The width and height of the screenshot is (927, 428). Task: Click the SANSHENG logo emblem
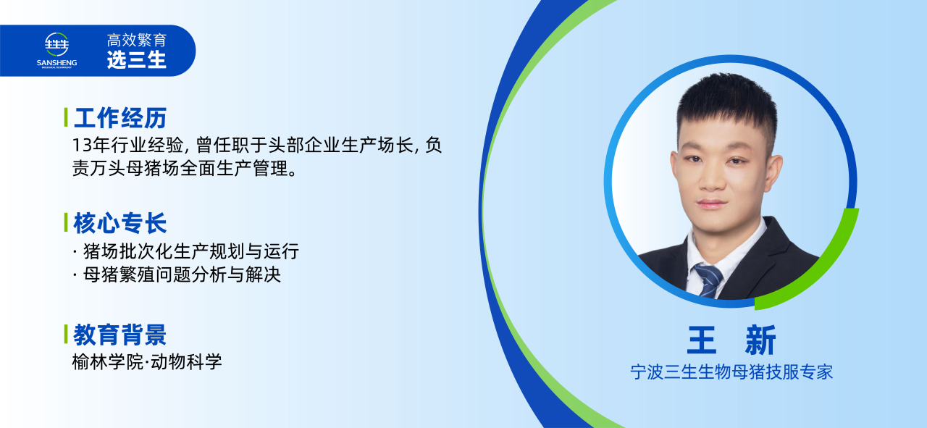(56, 44)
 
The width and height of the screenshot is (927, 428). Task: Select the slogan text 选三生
(137, 60)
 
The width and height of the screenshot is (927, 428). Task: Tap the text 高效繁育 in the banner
(137, 40)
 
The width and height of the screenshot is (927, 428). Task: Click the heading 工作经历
(120, 118)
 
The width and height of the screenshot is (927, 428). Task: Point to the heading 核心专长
(120, 223)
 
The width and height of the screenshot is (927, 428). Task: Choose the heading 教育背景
(120, 335)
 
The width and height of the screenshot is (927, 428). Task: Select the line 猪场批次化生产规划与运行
(191, 251)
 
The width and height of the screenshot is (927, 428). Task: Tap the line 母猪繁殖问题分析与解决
(182, 274)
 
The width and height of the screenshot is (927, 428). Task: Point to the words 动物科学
(186, 362)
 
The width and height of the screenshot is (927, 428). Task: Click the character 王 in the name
(702, 340)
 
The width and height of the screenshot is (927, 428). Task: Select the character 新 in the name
(760, 340)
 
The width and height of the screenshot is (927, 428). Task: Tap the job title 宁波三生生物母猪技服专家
(731, 372)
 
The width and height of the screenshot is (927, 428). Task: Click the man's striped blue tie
(709, 280)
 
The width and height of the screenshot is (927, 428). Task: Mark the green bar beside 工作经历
(66, 117)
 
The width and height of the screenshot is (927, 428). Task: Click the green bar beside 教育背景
(66, 334)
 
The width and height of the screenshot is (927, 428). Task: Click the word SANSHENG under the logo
(56, 62)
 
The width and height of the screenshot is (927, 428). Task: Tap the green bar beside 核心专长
(66, 222)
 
